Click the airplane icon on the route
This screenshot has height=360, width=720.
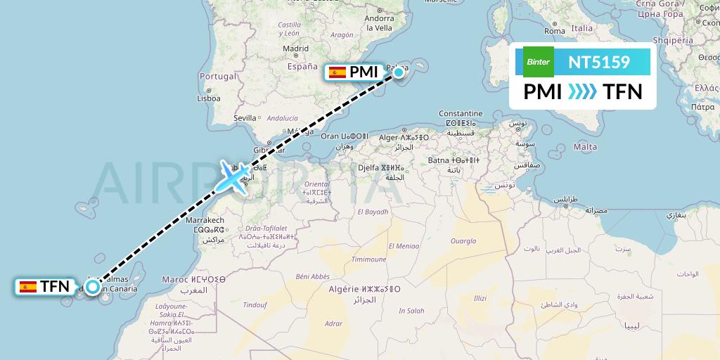(x=233, y=177)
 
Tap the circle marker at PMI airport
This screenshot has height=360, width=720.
(x=399, y=72)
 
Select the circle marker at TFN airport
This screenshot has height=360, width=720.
(x=92, y=286)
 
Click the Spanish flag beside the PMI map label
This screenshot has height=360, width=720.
(x=337, y=72)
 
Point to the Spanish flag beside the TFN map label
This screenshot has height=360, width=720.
(x=28, y=286)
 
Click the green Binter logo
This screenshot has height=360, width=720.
(x=538, y=61)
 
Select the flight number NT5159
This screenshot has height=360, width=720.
(x=599, y=62)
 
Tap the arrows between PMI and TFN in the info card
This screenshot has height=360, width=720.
(x=582, y=91)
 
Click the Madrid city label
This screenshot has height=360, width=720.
(x=295, y=49)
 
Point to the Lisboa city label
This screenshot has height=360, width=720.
(x=209, y=98)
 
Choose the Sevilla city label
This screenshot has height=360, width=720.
(x=245, y=118)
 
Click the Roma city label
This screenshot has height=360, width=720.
(x=555, y=31)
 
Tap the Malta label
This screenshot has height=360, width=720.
(x=585, y=146)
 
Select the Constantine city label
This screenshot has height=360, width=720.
(x=461, y=114)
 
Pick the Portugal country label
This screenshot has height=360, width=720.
(x=218, y=76)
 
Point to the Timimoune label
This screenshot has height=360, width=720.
(x=369, y=259)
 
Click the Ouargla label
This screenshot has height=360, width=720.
(x=463, y=240)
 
